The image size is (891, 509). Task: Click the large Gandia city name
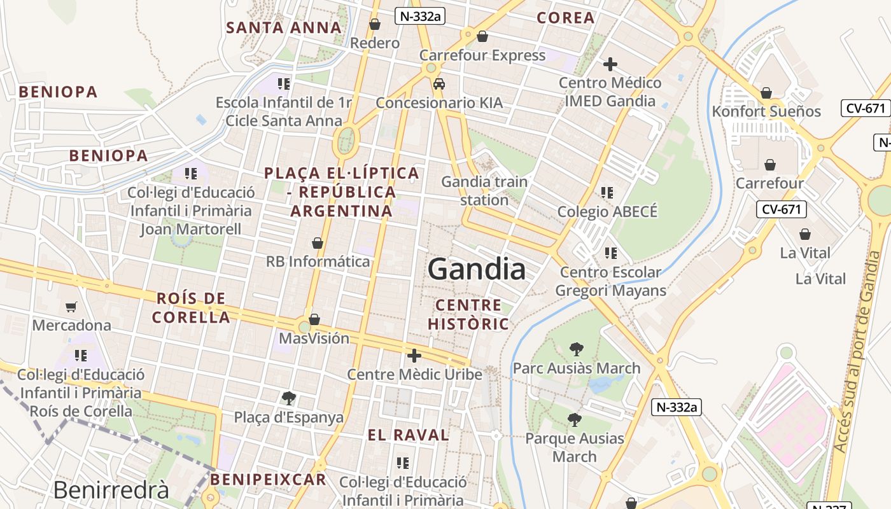477,269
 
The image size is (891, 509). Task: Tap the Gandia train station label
484,191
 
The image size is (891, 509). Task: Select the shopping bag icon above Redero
375,24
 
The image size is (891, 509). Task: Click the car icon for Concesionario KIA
438,84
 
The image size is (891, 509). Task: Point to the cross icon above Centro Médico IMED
610,64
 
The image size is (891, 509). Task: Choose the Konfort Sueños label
766,111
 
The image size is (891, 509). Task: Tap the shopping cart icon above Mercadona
71,307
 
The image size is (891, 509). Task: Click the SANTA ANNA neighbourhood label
284,27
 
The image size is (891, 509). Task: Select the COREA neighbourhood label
566,18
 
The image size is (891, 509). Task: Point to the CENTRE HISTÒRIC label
468,314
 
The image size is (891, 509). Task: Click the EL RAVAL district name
409,435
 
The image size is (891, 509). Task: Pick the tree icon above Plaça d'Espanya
288,398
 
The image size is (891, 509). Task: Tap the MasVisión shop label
314,338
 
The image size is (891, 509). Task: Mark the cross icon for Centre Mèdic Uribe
414,356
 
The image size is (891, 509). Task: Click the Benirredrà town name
111,490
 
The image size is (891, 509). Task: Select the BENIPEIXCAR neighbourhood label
268,479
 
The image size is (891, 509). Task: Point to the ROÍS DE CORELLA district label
191,307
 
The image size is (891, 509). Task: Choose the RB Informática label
318,261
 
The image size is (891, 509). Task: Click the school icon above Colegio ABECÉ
607,192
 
